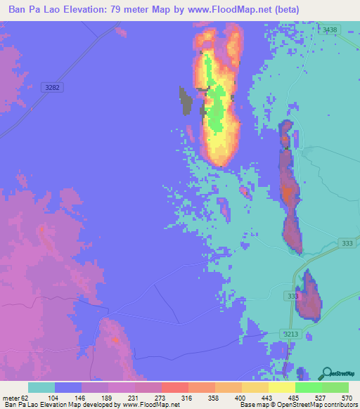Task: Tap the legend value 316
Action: point(188,397)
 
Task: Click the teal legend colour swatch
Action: point(41,387)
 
